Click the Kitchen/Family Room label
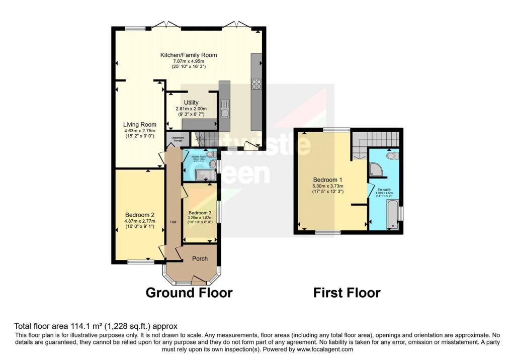189,55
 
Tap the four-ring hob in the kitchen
256,84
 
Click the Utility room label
191,103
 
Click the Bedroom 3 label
199,212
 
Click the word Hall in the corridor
173,222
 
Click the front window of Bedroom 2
140,262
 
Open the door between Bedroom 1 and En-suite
370,191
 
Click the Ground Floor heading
189,293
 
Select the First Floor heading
347,293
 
